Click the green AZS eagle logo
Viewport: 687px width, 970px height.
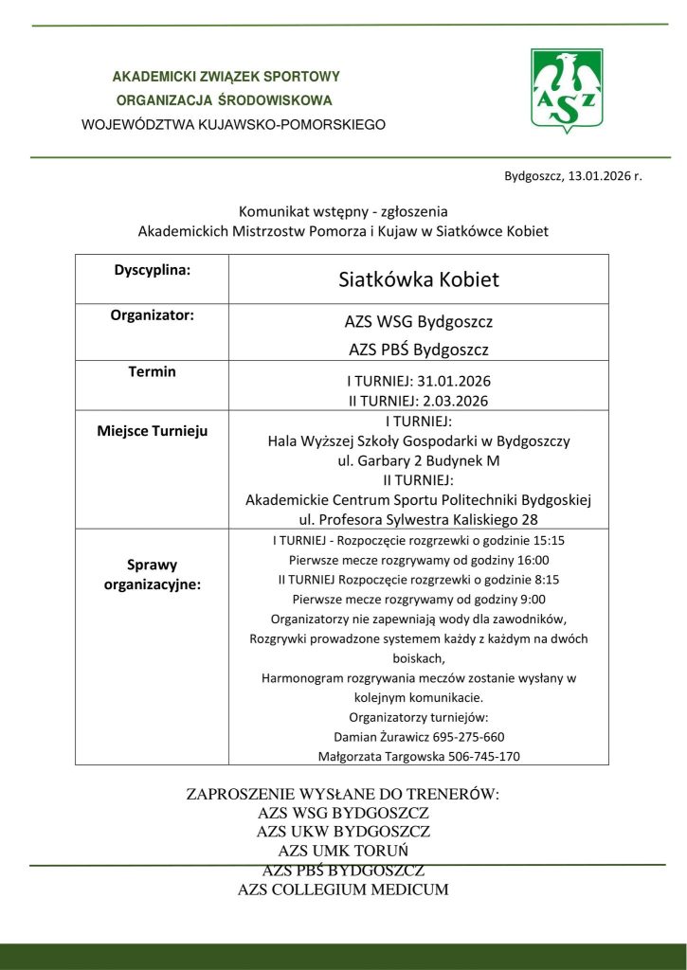coord(564,91)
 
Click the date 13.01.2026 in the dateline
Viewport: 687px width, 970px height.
coord(600,176)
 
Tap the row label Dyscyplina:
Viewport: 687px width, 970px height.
coord(152,269)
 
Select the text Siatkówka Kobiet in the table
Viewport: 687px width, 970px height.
coord(418,280)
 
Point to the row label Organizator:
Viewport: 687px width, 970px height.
coord(152,314)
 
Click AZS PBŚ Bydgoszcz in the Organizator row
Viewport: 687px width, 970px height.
coord(418,350)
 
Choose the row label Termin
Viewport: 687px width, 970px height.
coord(152,371)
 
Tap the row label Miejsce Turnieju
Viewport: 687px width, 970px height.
coord(152,431)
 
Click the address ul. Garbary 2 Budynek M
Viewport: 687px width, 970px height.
coord(418,460)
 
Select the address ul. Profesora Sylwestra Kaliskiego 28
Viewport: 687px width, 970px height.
coord(418,519)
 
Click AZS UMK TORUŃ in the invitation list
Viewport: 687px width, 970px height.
coord(343,851)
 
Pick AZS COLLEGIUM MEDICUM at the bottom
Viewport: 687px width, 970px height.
coord(343,889)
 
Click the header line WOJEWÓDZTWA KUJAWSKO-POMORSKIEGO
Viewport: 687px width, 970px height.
coord(234,124)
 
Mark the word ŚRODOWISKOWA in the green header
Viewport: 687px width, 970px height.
coord(276,99)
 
